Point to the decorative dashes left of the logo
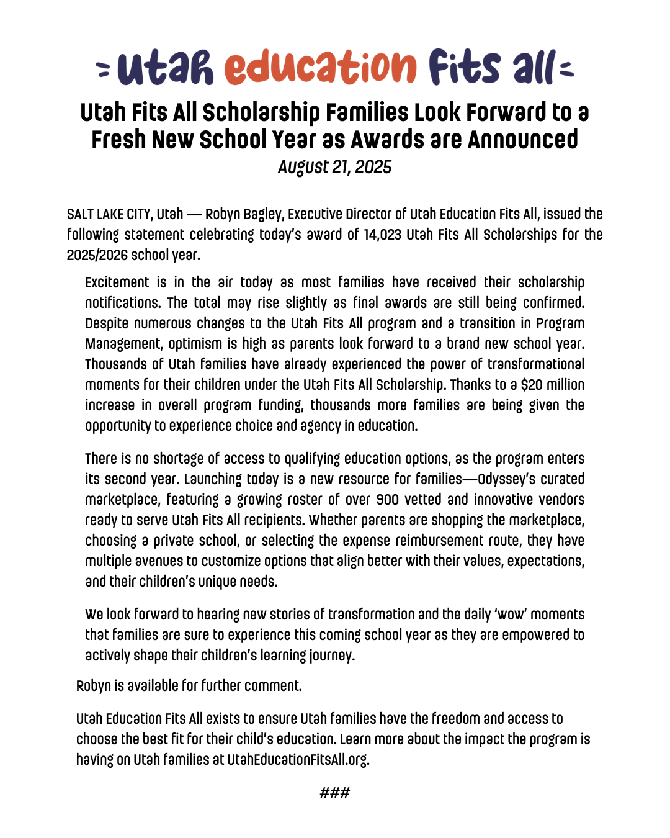coord(104,69)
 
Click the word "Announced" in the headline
coord(523,140)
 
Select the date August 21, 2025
coord(334,167)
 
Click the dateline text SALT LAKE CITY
coord(109,214)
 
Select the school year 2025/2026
coord(97,255)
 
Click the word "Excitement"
coord(117,282)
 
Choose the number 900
coord(388,500)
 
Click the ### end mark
coord(335,793)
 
